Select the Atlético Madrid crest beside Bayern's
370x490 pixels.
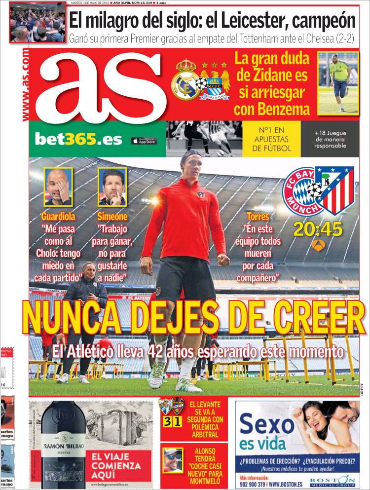click(x=335, y=190)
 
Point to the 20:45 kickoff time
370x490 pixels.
click(x=318, y=228)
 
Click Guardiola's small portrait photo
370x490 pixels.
click(x=58, y=187)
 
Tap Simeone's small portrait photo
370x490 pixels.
click(x=112, y=187)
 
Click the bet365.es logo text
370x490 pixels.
click(x=78, y=140)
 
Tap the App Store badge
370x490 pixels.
click(x=144, y=141)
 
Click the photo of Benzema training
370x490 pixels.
click(x=337, y=83)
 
